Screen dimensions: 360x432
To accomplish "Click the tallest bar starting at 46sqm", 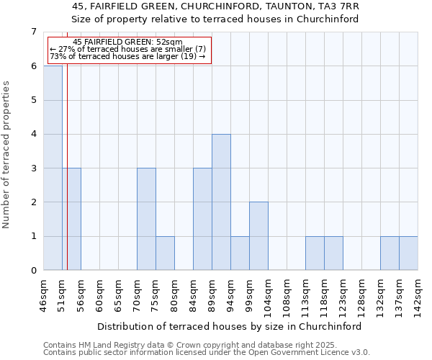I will tap(53, 168).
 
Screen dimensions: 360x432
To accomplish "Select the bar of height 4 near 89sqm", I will tap(221, 202).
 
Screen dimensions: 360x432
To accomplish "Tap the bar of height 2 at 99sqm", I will tap(258, 236).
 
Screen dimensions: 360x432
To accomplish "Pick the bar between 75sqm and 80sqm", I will tap(165, 253).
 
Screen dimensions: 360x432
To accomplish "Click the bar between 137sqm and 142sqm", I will tap(408, 253).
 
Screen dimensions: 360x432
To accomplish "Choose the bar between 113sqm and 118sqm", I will tap(315, 253).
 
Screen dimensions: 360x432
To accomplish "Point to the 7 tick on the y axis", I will tap(33, 32).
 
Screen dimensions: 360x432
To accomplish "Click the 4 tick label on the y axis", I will tap(33, 134).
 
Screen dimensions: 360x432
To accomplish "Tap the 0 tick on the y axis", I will tap(33, 271).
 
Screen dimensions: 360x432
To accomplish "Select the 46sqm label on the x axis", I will tap(44, 296).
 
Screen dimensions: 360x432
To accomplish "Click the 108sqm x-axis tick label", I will tap(287, 297).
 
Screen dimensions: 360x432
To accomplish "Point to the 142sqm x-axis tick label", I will tap(418, 297).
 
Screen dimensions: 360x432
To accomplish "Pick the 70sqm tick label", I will tap(138, 296).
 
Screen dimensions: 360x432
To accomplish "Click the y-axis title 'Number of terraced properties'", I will tap(7, 155).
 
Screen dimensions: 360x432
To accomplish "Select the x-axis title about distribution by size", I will tap(229, 326).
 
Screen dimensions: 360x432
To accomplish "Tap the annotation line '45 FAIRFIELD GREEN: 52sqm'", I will tap(128, 42).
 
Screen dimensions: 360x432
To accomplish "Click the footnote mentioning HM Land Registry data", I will tap(206, 345).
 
